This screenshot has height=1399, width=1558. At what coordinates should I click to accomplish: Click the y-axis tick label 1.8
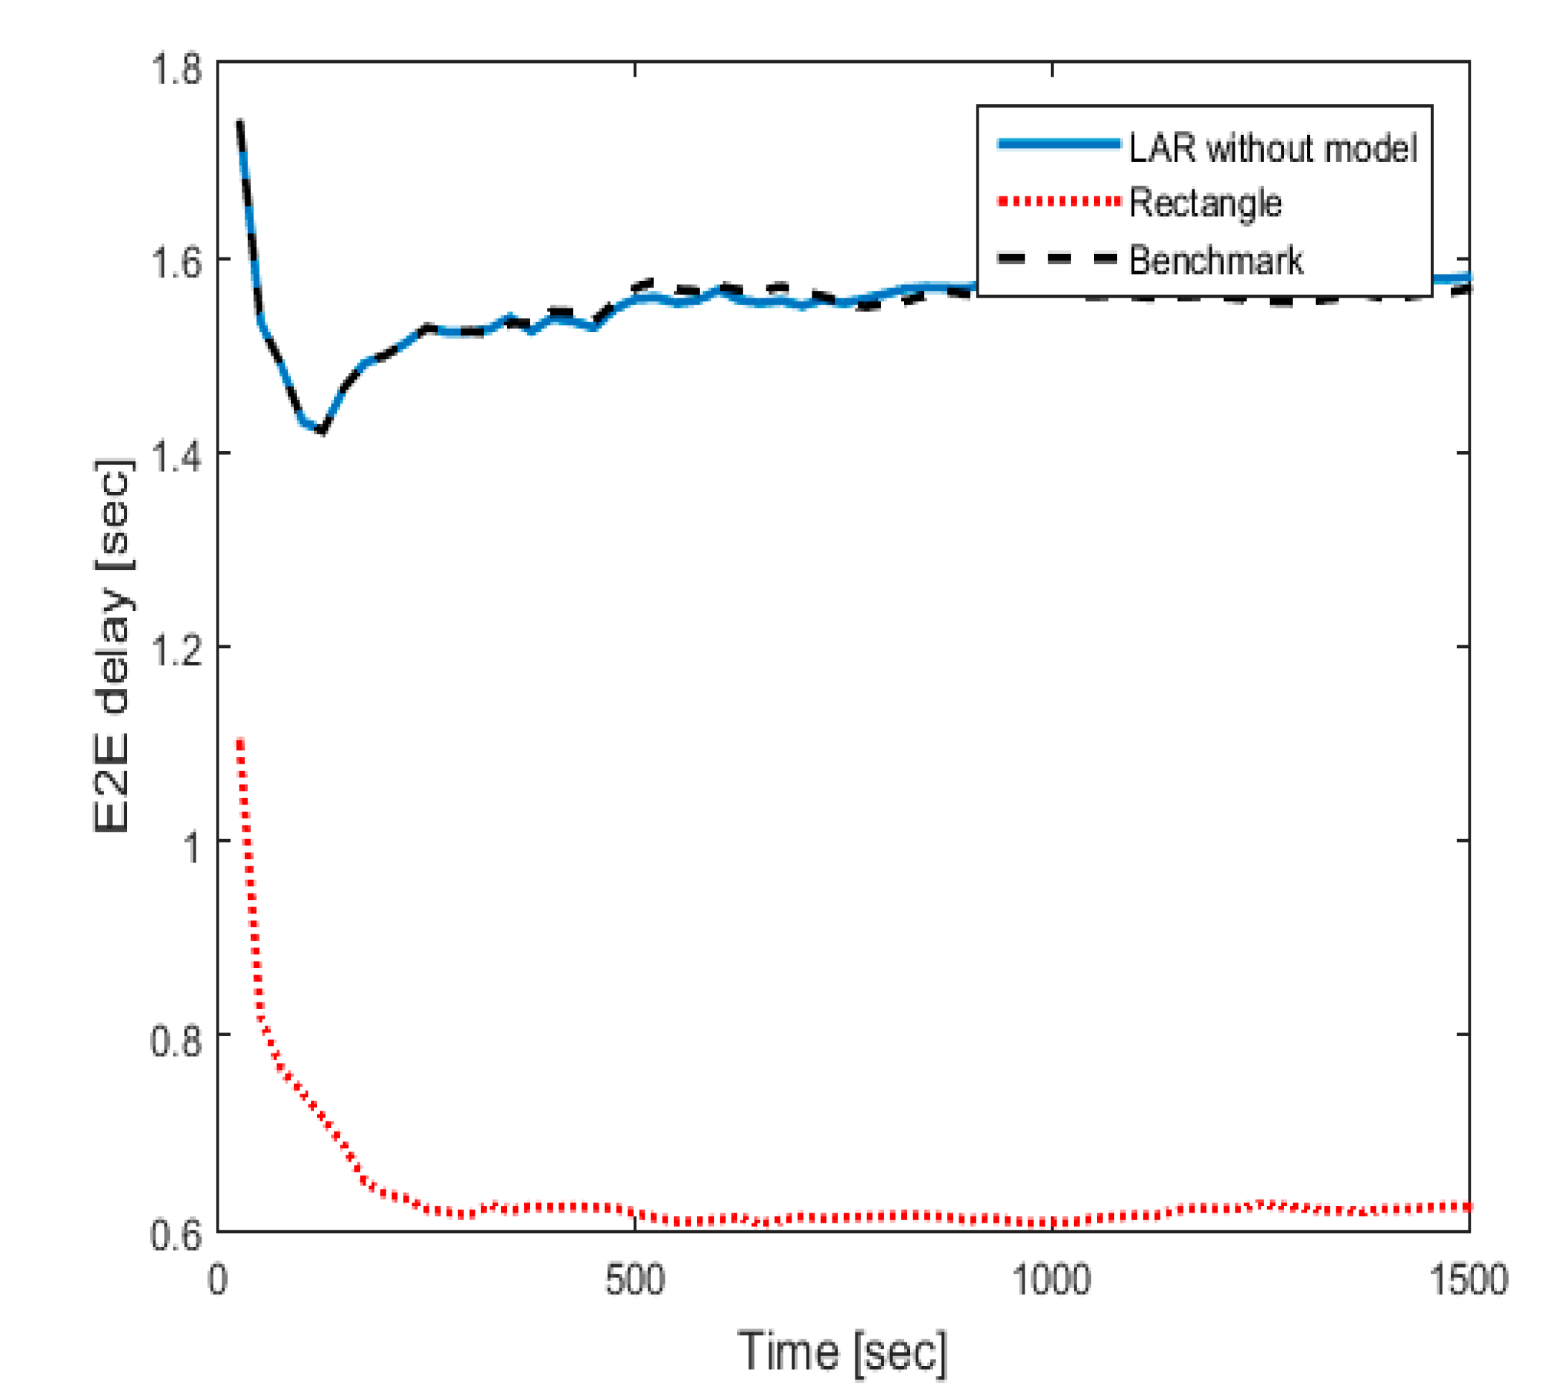[176, 69]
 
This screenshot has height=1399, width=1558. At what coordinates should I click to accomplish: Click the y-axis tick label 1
[191, 845]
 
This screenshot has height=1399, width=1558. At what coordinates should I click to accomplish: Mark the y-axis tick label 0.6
[176, 1232]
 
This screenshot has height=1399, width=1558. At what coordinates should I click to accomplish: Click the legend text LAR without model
[1272, 148]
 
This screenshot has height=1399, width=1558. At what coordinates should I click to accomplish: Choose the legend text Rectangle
[1205, 203]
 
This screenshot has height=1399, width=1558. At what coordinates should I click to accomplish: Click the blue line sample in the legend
[1058, 143]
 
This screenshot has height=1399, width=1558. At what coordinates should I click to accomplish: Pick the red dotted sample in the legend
[1058, 201]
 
